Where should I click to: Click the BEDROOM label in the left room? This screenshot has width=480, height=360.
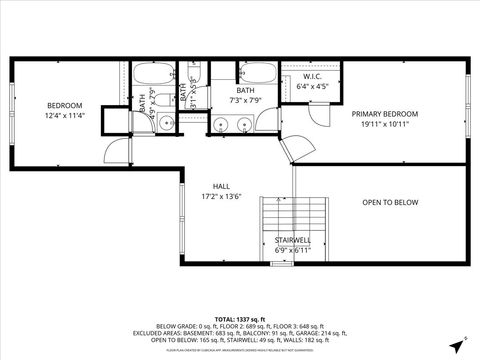point(64,105)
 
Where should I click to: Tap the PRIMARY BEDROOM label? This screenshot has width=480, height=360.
point(384,114)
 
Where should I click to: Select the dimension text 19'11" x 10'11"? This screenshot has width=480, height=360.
point(384,124)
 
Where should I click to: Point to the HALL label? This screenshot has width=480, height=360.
point(222,186)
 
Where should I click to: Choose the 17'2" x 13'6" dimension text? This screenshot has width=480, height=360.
point(222,196)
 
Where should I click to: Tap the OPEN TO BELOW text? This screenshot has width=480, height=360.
point(389,202)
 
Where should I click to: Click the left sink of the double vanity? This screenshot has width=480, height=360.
point(221,125)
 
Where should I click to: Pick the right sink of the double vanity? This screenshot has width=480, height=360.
point(243,125)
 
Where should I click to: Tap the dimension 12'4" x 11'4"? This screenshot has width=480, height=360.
point(64,115)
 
